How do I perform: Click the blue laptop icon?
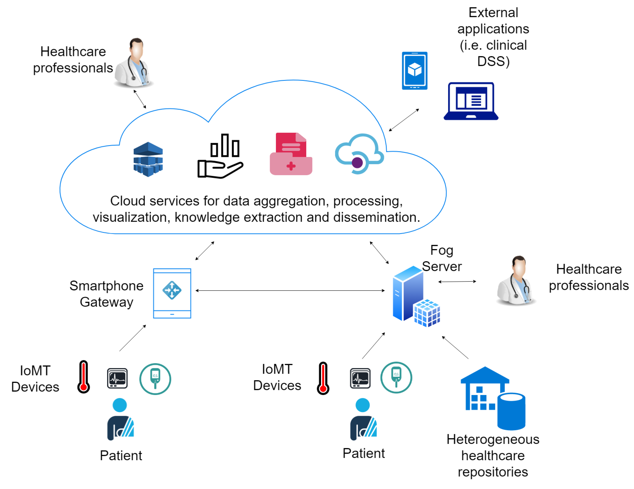pos(471,101)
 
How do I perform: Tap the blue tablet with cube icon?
pos(414,70)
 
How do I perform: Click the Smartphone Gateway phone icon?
pos(172,293)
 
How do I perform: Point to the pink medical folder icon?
pos(291,154)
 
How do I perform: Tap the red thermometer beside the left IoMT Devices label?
pos(84,377)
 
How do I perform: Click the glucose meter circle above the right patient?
pos(396,377)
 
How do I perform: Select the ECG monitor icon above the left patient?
pos(117,378)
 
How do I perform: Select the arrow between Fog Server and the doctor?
pos(457,281)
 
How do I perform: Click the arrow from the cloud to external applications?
pos(404,120)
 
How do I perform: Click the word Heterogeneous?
pos(493,439)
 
